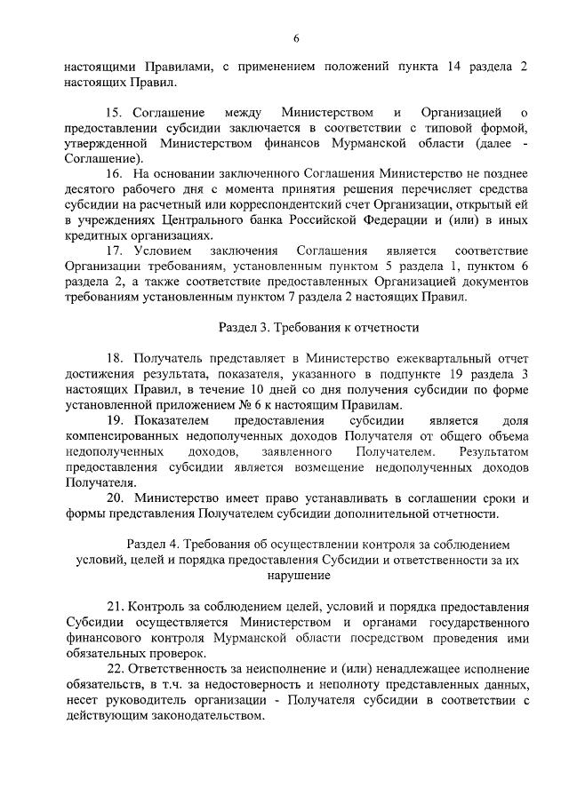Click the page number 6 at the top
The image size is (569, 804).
tap(296, 37)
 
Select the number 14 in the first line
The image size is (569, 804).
tap(454, 67)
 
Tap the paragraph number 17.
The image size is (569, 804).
tap(114, 251)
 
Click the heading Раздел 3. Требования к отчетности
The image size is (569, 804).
tap(318, 328)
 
